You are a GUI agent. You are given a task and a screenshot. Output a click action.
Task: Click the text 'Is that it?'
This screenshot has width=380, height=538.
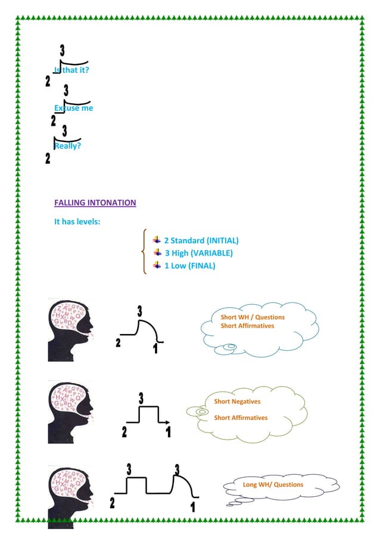pyautogui.click(x=71, y=70)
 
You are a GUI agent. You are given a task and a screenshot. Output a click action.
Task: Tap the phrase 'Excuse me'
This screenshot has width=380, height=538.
pyautogui.click(x=73, y=109)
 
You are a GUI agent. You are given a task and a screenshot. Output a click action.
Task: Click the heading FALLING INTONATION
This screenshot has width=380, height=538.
pyautogui.click(x=95, y=203)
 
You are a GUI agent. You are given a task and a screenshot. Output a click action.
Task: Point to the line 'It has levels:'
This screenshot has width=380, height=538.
pyautogui.click(x=77, y=222)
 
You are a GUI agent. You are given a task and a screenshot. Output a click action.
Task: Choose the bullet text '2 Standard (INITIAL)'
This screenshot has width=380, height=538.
pyautogui.click(x=201, y=241)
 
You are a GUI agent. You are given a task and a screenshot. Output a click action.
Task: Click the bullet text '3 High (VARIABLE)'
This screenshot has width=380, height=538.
pyautogui.click(x=198, y=253)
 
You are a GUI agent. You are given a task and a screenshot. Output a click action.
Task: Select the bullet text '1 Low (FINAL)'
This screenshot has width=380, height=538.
pyautogui.click(x=189, y=266)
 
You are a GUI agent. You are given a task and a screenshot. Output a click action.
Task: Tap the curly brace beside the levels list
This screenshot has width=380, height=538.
pyautogui.click(x=144, y=252)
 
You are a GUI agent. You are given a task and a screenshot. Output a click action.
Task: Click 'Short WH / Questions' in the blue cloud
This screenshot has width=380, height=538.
pyautogui.click(x=253, y=317)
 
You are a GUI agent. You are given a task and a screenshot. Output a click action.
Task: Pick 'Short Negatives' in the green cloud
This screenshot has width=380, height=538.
pyautogui.click(x=237, y=402)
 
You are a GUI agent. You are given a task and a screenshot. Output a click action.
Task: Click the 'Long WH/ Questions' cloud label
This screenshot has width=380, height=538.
pyautogui.click(x=273, y=485)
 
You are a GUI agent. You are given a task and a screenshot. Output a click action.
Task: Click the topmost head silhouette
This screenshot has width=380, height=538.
pyautogui.click(x=70, y=330)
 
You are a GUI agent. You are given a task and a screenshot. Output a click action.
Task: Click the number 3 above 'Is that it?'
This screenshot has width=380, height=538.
pyautogui.click(x=62, y=52)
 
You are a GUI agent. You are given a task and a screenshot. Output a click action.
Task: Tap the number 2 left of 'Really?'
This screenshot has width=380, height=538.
pyautogui.click(x=48, y=159)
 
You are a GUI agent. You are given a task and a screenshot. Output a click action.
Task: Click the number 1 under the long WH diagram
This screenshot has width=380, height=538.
pyautogui.click(x=193, y=508)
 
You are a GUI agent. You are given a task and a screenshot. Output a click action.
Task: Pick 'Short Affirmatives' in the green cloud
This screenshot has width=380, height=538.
pyautogui.click(x=241, y=418)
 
